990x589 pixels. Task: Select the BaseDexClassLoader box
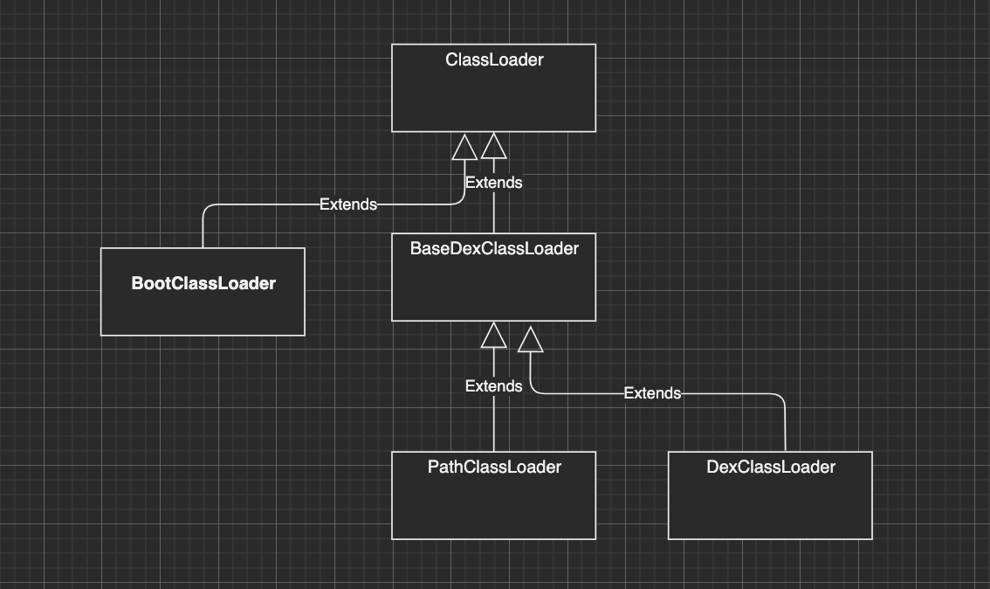click(x=493, y=284)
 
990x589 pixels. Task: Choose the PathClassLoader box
click(x=493, y=502)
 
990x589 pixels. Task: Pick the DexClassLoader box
click(x=770, y=502)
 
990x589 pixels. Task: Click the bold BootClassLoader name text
click(x=203, y=283)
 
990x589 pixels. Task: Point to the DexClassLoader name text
click(x=770, y=468)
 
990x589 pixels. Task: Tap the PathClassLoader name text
click(x=494, y=468)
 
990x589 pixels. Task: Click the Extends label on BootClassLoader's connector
click(x=347, y=204)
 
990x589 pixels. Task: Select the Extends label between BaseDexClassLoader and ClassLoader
click(x=493, y=183)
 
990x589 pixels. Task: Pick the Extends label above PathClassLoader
click(x=493, y=386)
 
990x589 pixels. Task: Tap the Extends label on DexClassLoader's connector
click(x=652, y=393)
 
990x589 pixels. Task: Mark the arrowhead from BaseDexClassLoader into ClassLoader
click(x=494, y=146)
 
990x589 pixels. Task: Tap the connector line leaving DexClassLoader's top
click(x=785, y=424)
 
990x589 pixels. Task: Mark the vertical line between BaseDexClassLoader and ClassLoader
click(x=494, y=213)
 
